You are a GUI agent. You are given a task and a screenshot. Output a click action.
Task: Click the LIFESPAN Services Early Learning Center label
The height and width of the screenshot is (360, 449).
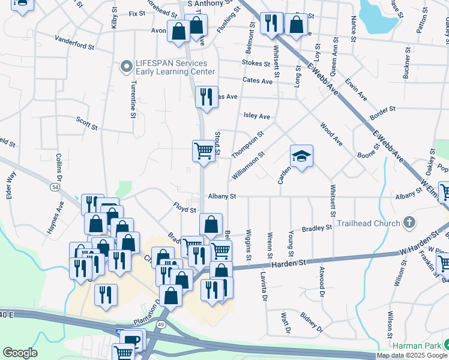(172, 67)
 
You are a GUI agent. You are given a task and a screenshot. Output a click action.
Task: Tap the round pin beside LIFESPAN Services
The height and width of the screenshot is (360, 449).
(126, 67)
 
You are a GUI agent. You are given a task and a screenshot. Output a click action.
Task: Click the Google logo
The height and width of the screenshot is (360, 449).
(20, 352)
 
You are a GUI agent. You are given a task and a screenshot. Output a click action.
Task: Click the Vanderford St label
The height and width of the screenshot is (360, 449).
(74, 45)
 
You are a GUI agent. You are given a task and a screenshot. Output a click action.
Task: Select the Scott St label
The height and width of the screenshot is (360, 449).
(87, 123)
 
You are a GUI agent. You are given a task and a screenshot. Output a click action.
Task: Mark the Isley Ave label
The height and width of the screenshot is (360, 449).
(256, 116)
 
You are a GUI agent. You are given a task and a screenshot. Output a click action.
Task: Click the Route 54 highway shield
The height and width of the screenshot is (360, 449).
(55, 188)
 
